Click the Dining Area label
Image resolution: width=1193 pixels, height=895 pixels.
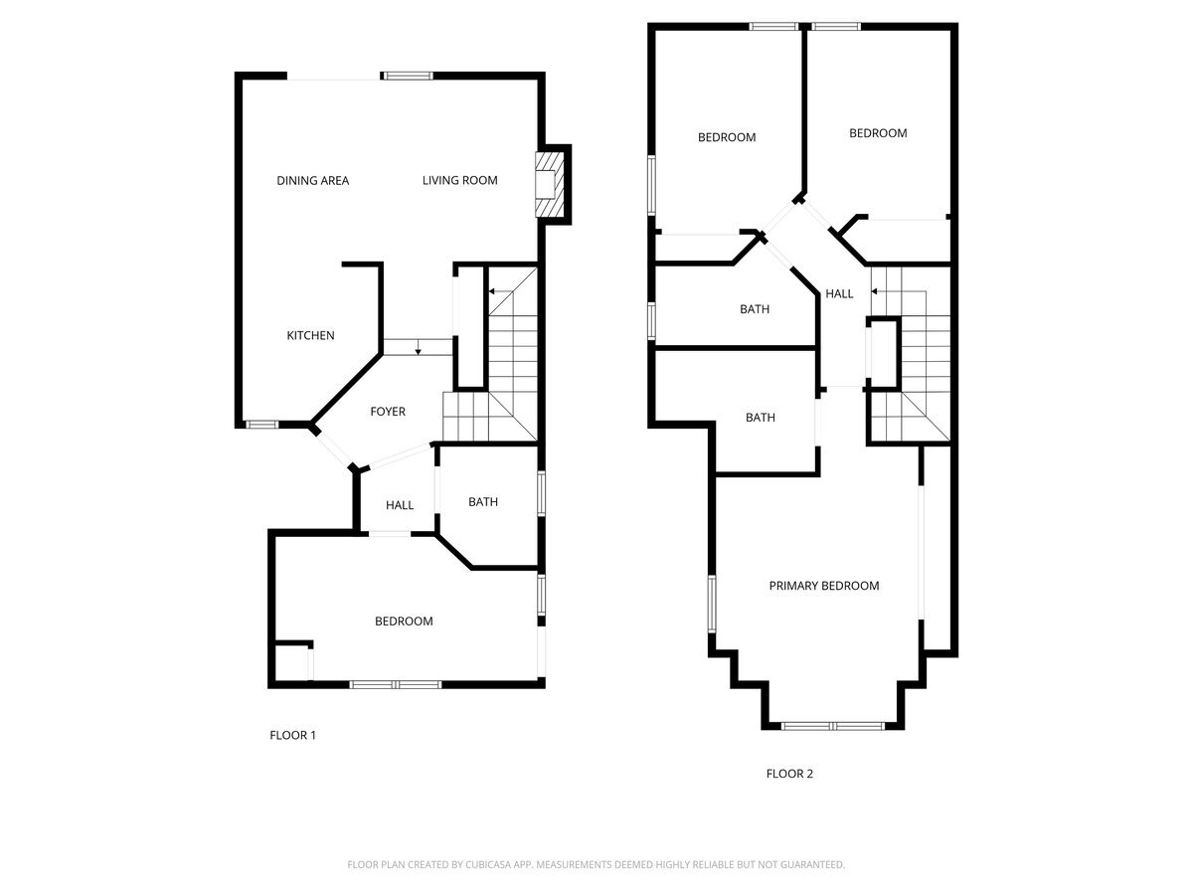(x=312, y=181)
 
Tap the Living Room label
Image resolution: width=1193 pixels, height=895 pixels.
(x=459, y=181)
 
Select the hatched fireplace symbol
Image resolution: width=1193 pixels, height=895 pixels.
(x=548, y=184)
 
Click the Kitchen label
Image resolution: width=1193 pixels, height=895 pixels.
(x=310, y=336)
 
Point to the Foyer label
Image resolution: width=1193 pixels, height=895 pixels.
(x=388, y=412)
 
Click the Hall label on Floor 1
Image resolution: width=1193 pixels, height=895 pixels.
(x=400, y=506)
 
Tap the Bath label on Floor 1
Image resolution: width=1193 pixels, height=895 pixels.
(x=483, y=502)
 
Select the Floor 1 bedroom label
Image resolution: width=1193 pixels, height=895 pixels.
(x=404, y=622)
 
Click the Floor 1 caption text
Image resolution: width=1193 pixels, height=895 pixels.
(x=292, y=736)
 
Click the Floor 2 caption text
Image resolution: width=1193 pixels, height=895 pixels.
(x=789, y=774)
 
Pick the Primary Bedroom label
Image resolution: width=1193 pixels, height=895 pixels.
(x=824, y=586)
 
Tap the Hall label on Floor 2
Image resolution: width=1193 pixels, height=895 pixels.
(x=840, y=293)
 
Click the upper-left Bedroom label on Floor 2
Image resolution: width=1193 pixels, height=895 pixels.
(x=727, y=137)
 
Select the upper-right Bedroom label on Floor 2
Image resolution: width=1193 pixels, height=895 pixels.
(x=878, y=133)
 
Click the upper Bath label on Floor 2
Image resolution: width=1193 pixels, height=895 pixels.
(x=755, y=309)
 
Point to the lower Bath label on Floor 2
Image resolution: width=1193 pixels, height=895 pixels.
(x=761, y=418)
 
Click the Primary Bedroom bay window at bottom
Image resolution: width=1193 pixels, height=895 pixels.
(x=833, y=726)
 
